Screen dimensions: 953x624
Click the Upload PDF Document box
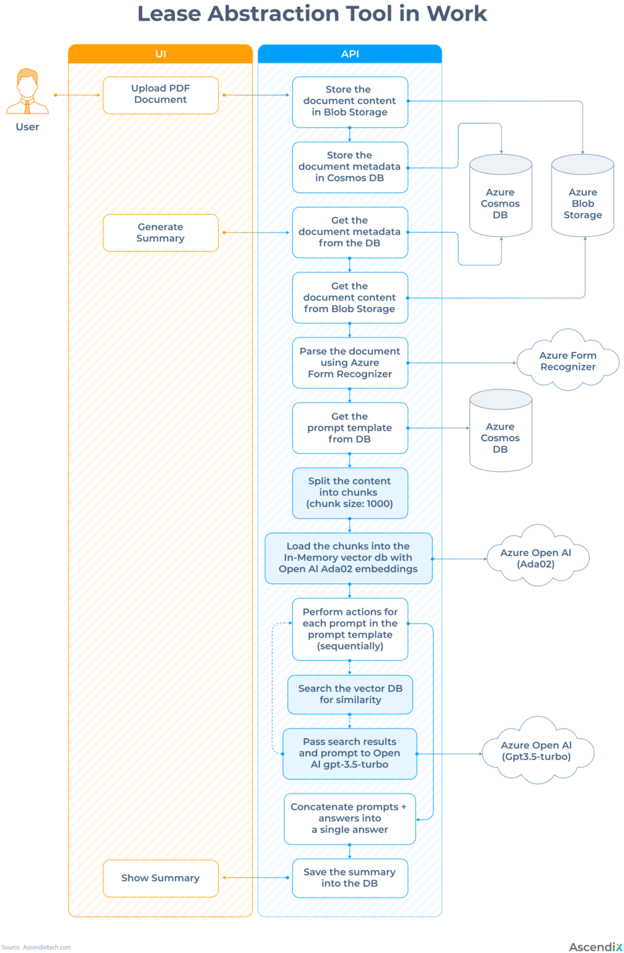coord(160,95)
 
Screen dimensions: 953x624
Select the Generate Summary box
coord(160,233)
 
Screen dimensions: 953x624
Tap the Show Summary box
coord(160,878)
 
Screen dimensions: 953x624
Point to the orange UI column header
coord(160,54)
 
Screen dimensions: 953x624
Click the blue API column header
coord(350,54)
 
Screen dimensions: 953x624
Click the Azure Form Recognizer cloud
coord(568,361)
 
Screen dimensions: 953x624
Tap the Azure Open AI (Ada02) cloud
coord(536,558)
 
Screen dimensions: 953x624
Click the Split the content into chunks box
coord(350,493)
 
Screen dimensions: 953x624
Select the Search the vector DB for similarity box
coord(350,694)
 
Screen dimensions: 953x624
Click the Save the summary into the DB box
coord(350,878)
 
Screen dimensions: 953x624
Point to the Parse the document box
coord(350,363)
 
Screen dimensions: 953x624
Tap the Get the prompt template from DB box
coord(350,428)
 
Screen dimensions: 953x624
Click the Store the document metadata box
coord(350,167)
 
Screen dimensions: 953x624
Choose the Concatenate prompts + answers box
coord(350,818)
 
